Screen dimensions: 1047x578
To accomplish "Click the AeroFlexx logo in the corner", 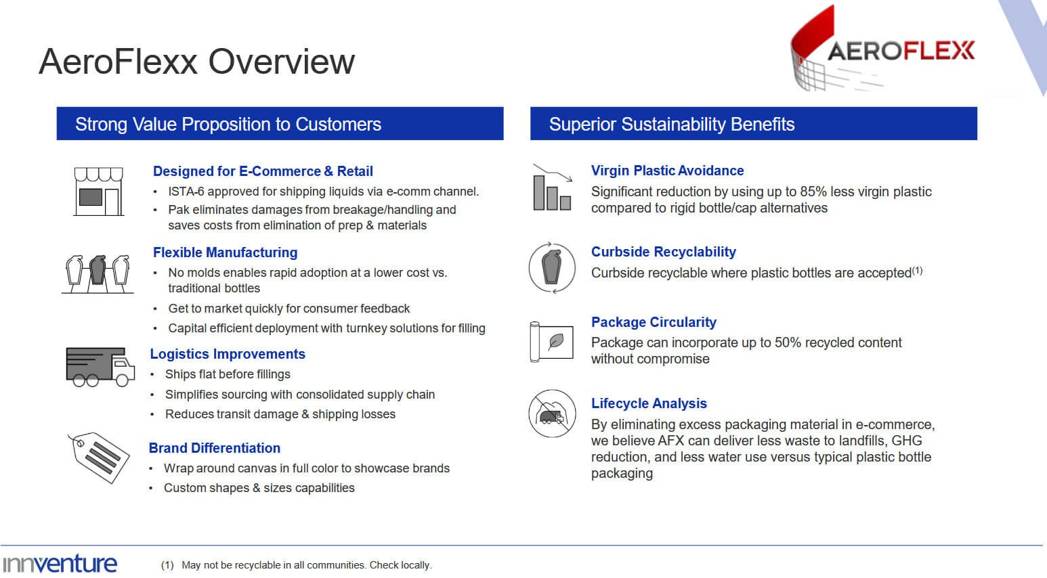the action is pyautogui.click(x=882, y=48).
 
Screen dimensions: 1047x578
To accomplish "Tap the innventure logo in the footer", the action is pyautogui.click(x=60, y=564).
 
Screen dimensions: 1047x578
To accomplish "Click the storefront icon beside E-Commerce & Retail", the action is pyautogui.click(x=99, y=192).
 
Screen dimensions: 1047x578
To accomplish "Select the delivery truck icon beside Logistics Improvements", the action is pyautogui.click(x=100, y=367).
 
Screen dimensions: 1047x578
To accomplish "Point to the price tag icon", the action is pyautogui.click(x=99, y=458).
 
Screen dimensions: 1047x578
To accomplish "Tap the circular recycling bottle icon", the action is pyautogui.click(x=552, y=268).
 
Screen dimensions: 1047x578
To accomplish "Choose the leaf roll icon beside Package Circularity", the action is pyautogui.click(x=551, y=342).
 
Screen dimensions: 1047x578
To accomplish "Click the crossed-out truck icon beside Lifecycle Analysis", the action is pyautogui.click(x=552, y=414).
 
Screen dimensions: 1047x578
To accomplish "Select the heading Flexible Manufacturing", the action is pyautogui.click(x=226, y=252).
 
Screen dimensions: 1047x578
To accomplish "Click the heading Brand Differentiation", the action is pyautogui.click(x=215, y=447).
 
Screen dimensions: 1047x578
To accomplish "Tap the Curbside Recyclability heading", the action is pyautogui.click(x=663, y=252).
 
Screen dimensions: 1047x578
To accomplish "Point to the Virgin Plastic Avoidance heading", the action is pyautogui.click(x=668, y=171).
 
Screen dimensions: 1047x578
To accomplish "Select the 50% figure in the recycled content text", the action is pyautogui.click(x=788, y=342).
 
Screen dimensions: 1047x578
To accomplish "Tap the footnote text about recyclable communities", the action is pyautogui.click(x=307, y=565).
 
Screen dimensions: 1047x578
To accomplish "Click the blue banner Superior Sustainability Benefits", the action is pyautogui.click(x=754, y=123).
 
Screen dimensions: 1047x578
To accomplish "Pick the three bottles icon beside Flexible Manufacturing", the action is pyautogui.click(x=98, y=274).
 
